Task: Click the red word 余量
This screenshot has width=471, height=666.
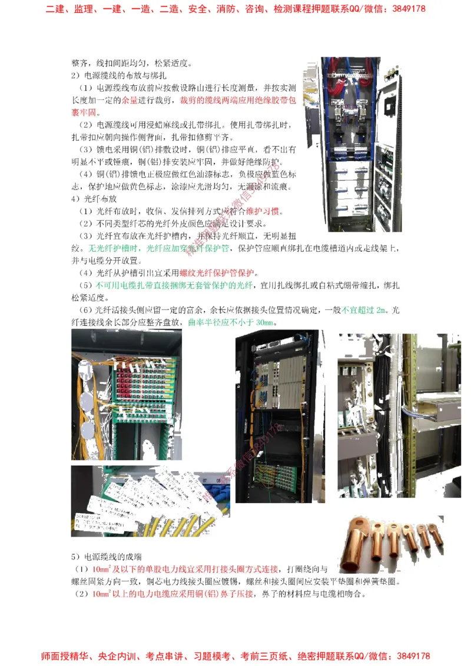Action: (x=129, y=100)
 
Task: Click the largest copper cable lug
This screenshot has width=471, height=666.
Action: (x=356, y=544)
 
